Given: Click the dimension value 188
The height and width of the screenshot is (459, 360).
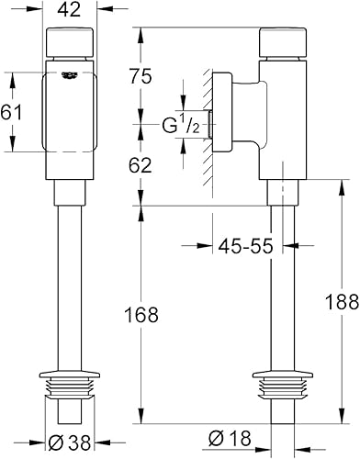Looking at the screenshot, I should (342, 305).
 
